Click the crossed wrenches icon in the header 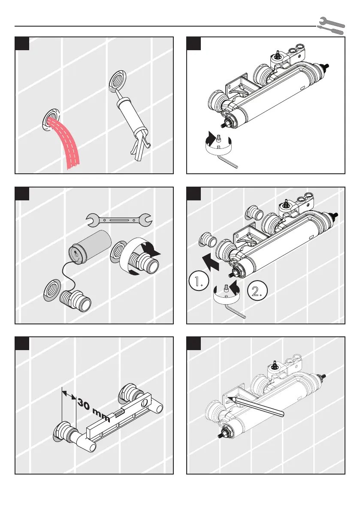tap(330, 26)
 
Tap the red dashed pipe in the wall tap(64, 142)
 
